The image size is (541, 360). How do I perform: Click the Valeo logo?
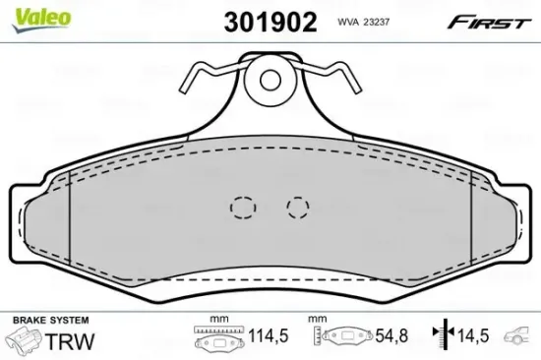[x=41, y=20]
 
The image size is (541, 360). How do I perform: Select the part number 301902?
[x=270, y=22]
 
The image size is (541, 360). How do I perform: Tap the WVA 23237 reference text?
[x=363, y=23]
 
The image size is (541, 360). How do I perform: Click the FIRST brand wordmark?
[x=489, y=23]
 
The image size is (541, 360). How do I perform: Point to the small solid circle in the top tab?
[x=270, y=80]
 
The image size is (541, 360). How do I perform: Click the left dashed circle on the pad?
[x=243, y=208]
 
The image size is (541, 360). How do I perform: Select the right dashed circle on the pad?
[x=298, y=208]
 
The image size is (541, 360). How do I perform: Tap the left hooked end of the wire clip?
[x=184, y=87]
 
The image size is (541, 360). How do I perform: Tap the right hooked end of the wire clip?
[x=356, y=87]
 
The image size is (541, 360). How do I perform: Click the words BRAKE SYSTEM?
[x=51, y=320]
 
